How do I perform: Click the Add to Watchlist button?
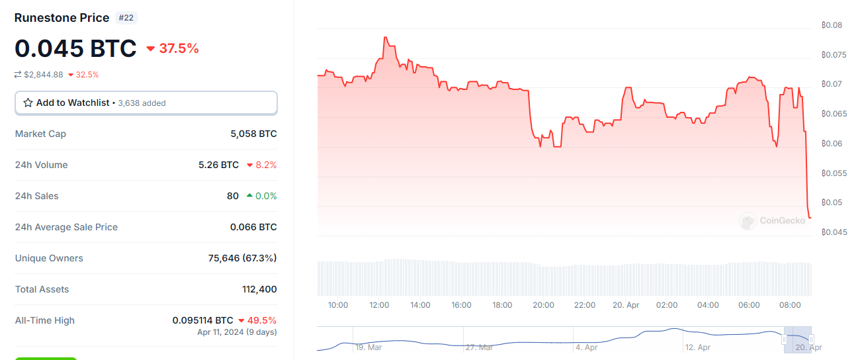[x=146, y=103]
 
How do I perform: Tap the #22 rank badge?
[x=126, y=18]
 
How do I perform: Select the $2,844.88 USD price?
[x=44, y=75]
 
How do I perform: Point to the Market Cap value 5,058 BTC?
[x=253, y=134]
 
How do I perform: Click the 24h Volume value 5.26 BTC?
[x=218, y=165]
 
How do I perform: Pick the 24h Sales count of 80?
[x=232, y=196]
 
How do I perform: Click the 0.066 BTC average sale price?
[x=253, y=227]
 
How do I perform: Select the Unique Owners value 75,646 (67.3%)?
[x=242, y=258]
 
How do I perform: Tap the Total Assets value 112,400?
[x=259, y=289]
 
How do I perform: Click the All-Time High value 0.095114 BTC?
[x=202, y=320]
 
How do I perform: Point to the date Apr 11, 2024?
[x=222, y=332]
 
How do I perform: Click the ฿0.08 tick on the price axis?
[x=832, y=25]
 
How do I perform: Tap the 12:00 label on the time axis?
[x=379, y=305]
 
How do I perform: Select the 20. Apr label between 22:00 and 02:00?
[x=626, y=305]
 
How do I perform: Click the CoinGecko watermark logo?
[x=773, y=220]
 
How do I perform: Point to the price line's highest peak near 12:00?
[x=385, y=37]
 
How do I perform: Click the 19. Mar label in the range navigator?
[x=368, y=347]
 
